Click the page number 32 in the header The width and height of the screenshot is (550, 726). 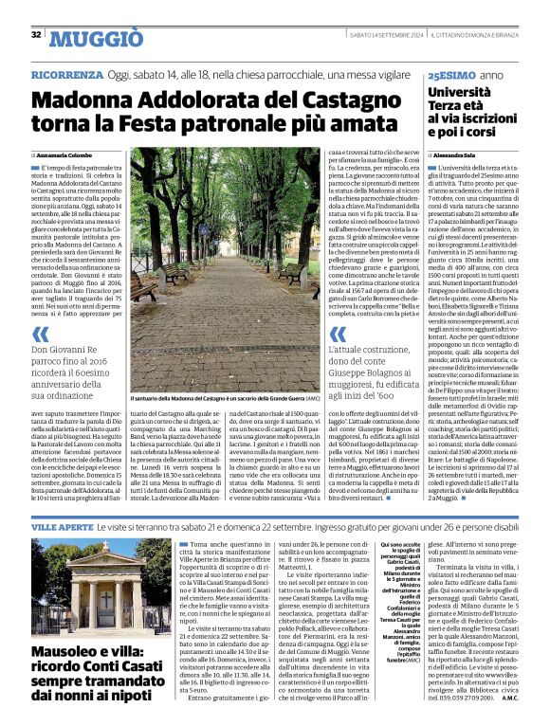[x=35, y=35]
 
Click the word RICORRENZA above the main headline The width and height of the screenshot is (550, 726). [x=65, y=74]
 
